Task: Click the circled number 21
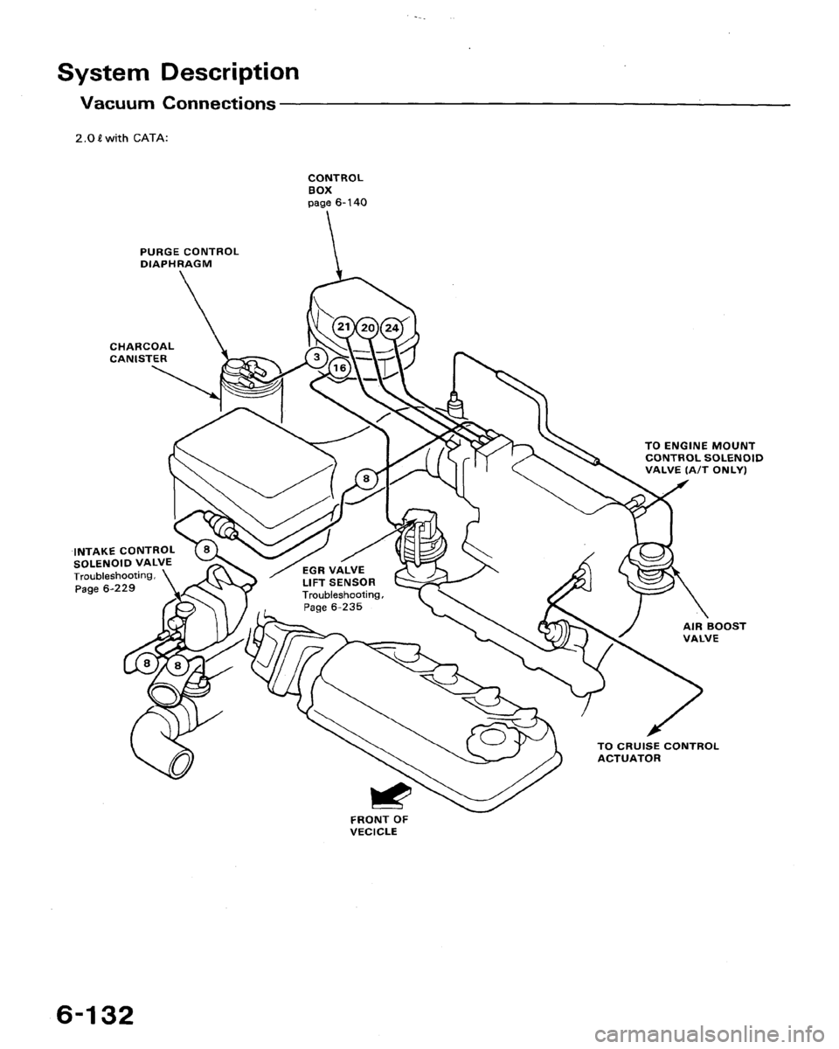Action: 345,326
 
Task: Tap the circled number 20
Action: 368,328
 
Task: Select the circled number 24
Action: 391,328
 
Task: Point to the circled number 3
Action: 314,357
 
